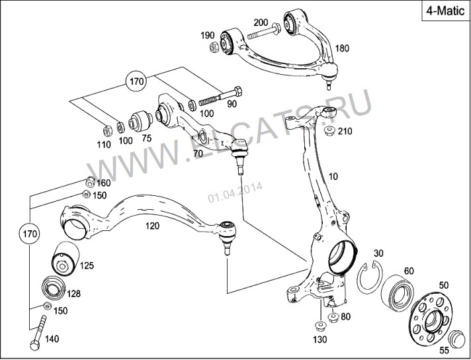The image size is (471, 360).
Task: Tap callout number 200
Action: point(261,22)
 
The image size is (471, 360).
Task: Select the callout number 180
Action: point(341,48)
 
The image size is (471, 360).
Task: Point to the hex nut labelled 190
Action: point(214,47)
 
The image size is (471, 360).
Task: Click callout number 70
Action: point(197,154)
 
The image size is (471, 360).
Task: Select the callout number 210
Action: point(345,131)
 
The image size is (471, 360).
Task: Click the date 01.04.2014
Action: point(235,192)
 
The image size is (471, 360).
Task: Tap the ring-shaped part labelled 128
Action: point(53,288)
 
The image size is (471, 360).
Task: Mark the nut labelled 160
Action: point(89,182)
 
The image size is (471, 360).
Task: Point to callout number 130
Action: point(320,339)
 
